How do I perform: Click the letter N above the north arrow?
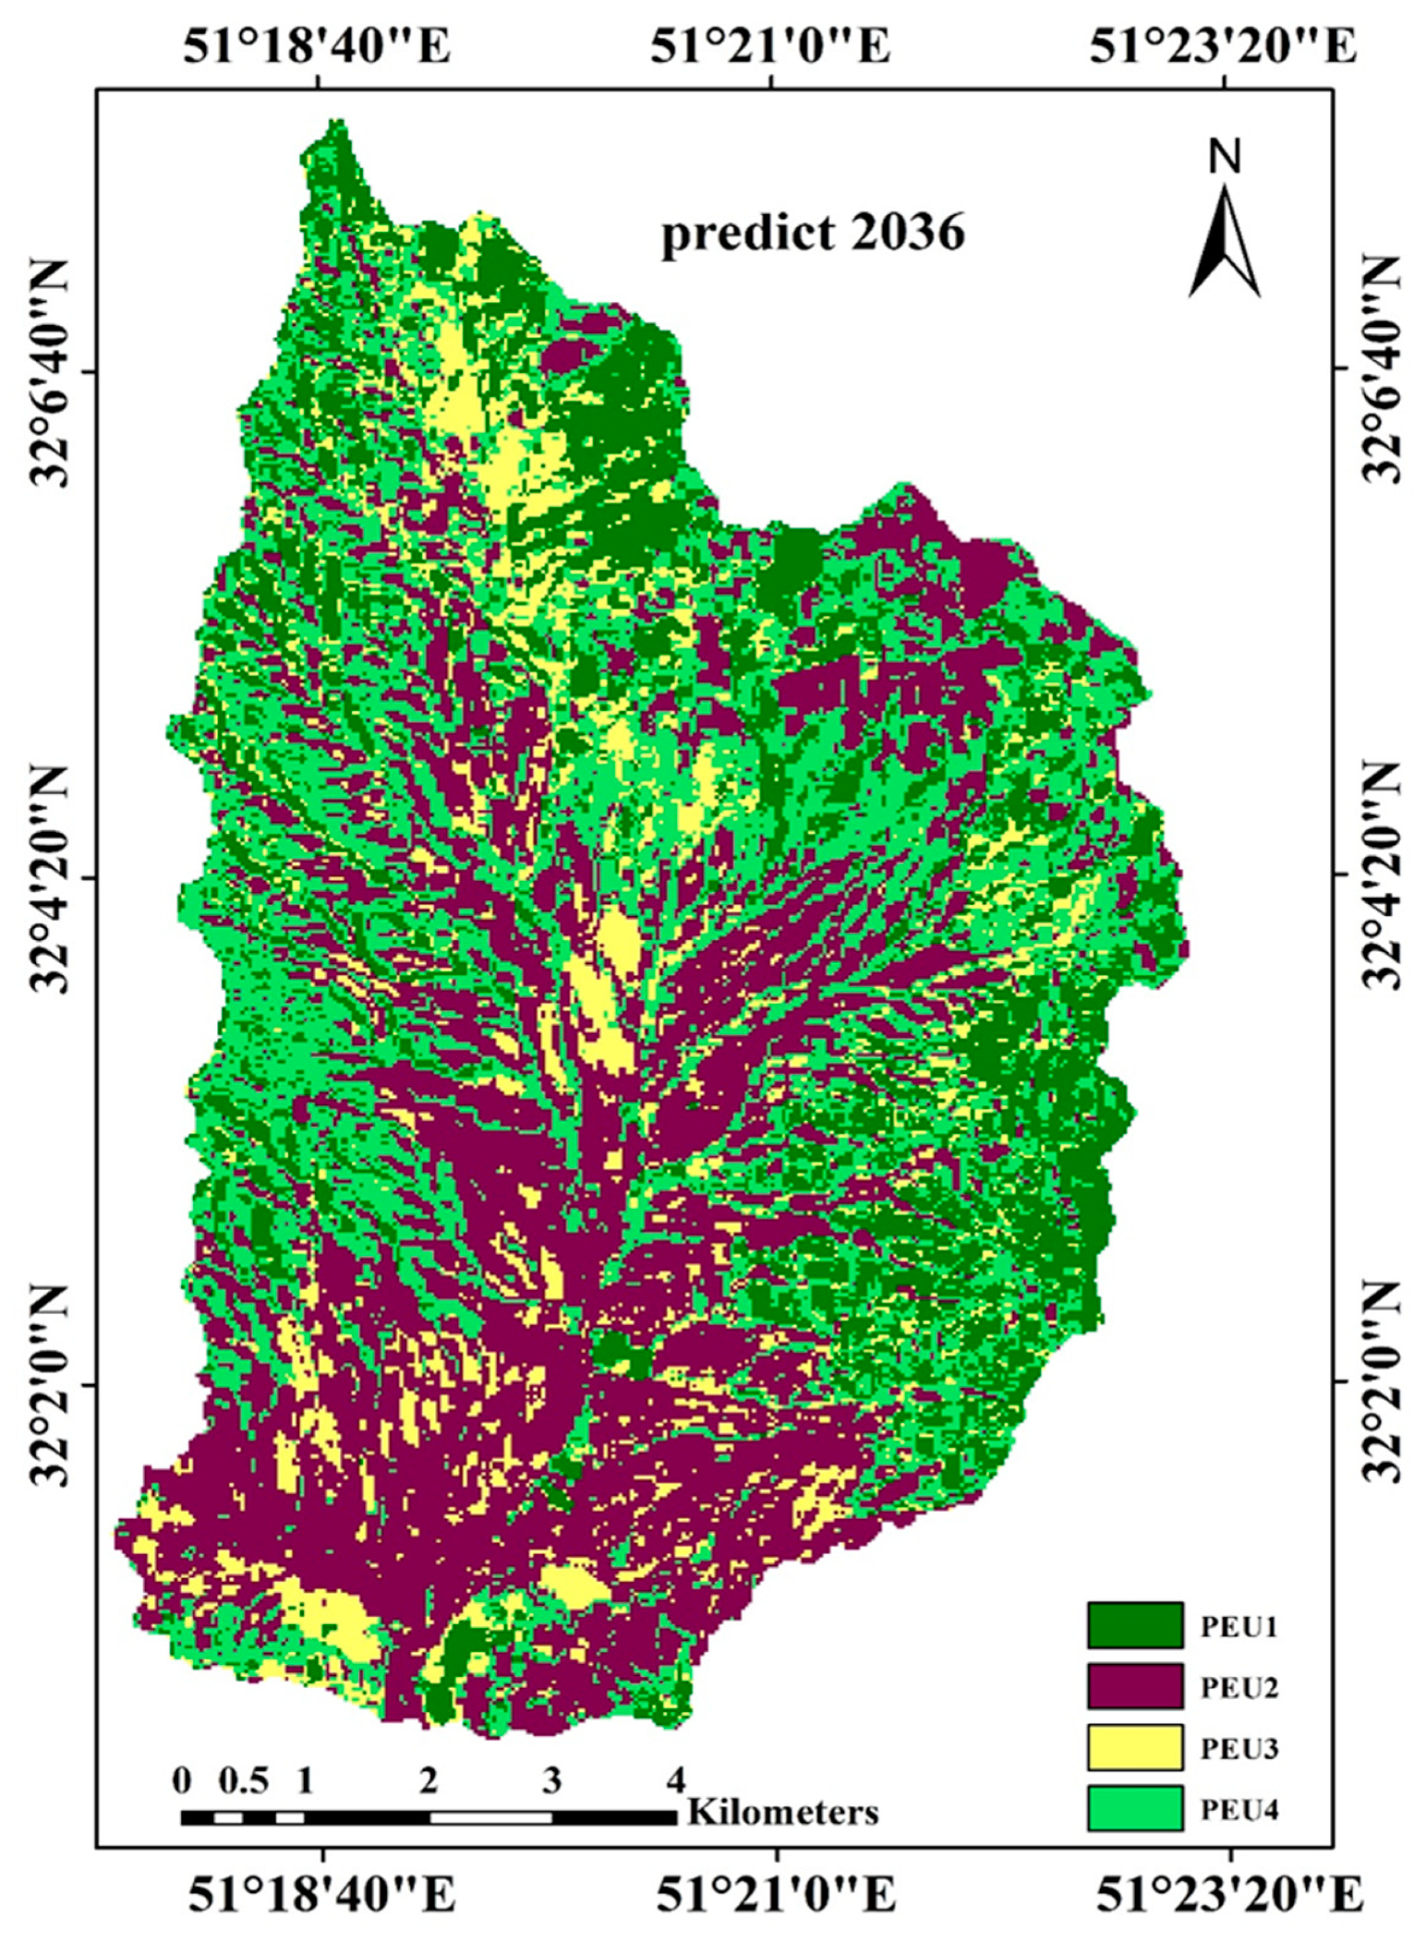[x=1223, y=158]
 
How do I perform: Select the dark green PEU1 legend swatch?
[x=1134, y=1626]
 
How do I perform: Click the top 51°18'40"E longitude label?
[x=316, y=48]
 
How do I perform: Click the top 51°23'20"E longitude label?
[x=1223, y=48]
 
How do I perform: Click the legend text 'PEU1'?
[x=1240, y=1628]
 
